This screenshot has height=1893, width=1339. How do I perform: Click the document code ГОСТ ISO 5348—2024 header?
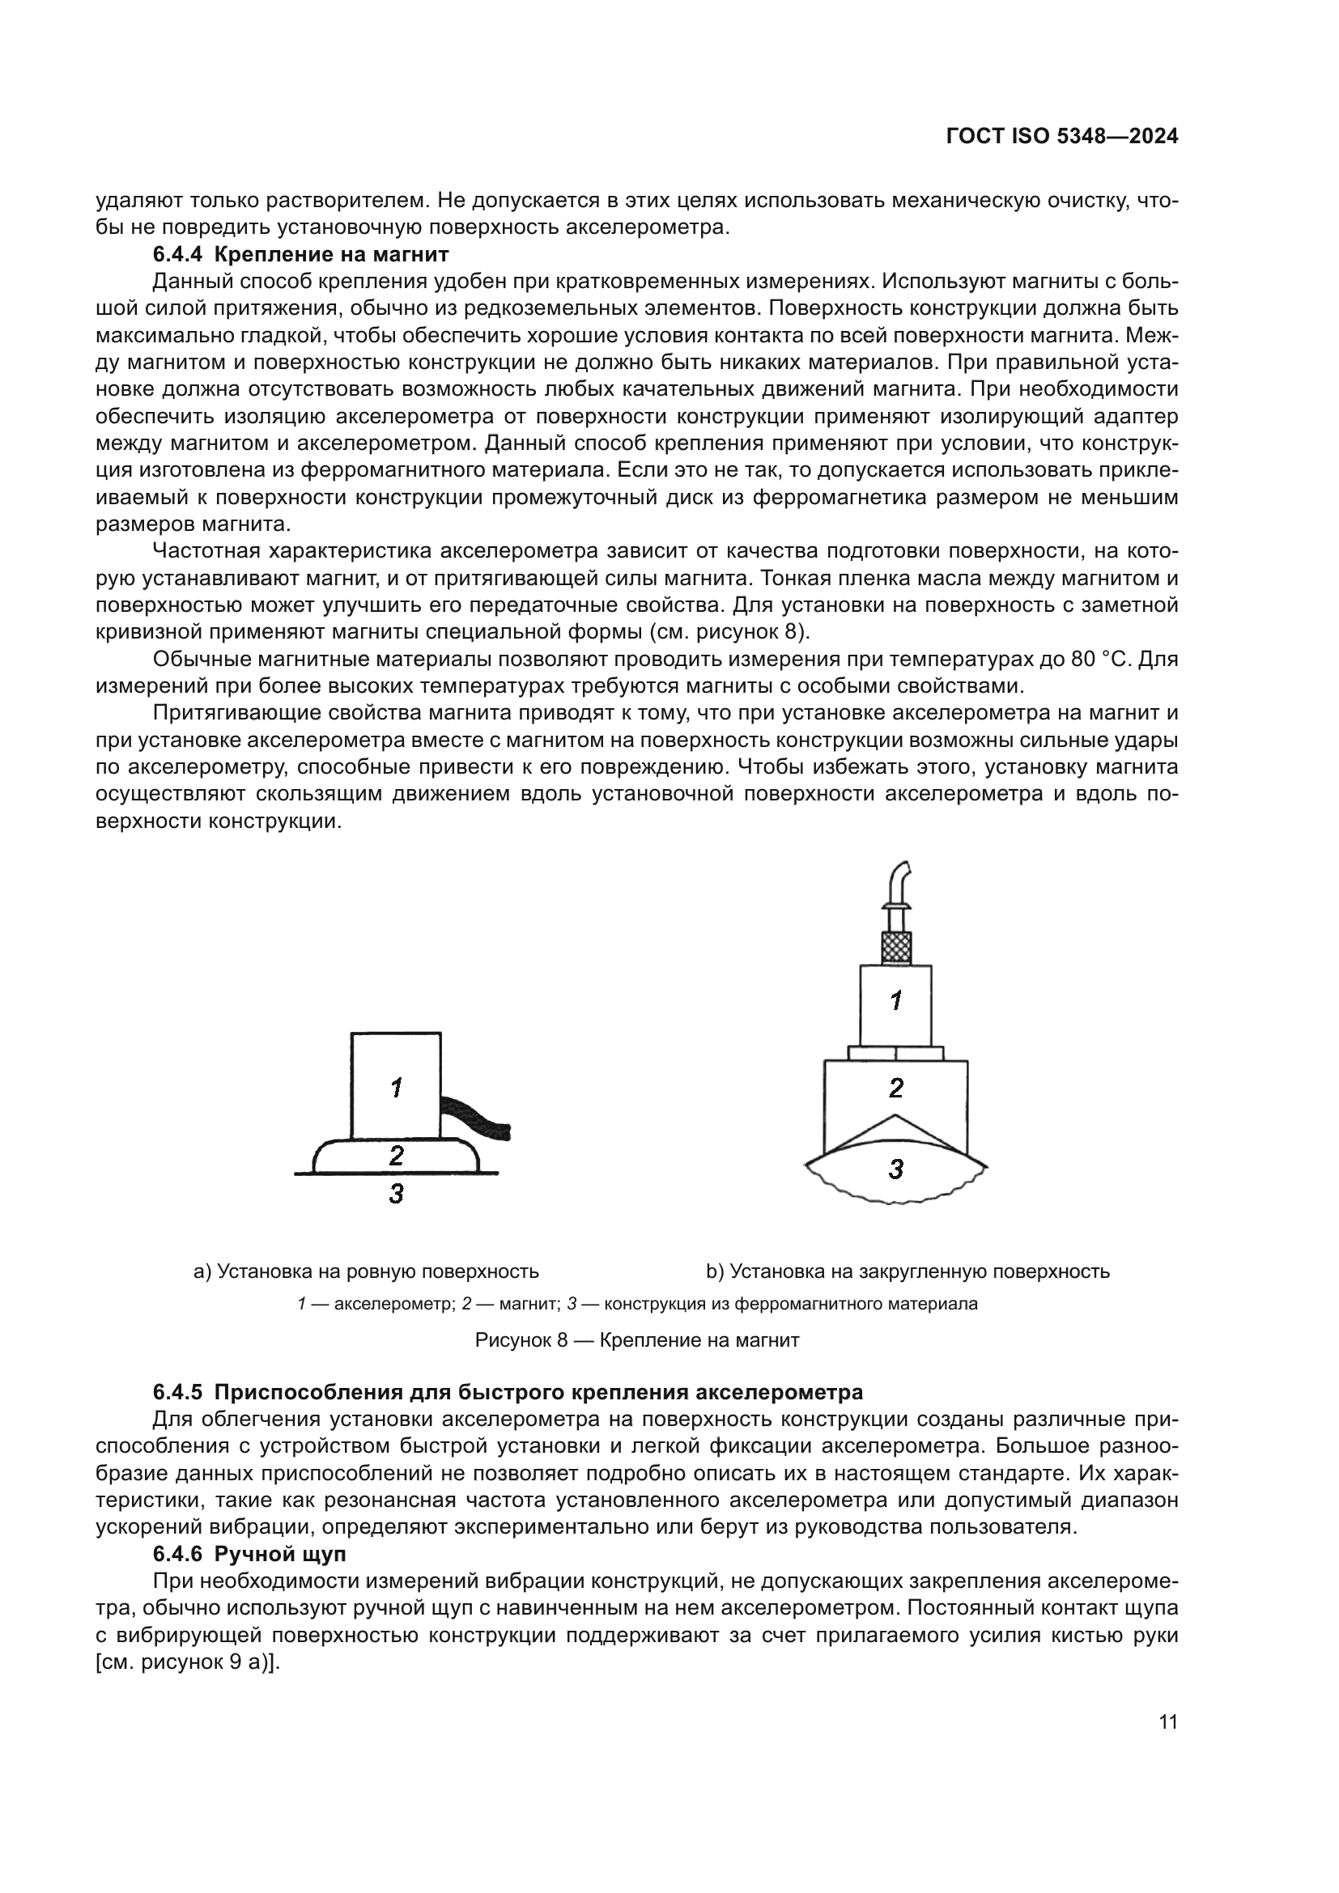click(1062, 137)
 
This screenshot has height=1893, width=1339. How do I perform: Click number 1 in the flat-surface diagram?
click(397, 1089)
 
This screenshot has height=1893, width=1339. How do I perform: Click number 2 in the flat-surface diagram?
click(397, 1156)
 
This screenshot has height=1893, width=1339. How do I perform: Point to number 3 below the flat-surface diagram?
click(397, 1193)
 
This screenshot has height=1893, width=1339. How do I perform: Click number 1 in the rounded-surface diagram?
click(896, 1001)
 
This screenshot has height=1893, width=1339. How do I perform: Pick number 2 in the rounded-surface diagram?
click(896, 1089)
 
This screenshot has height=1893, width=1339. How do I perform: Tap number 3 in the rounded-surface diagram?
click(896, 1169)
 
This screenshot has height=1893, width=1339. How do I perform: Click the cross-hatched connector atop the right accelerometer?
click(896, 948)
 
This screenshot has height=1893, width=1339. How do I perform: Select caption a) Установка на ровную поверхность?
click(366, 1271)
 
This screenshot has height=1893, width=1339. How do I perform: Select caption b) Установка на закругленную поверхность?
click(908, 1271)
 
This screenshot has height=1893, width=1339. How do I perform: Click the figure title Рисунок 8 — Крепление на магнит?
click(636, 1339)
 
